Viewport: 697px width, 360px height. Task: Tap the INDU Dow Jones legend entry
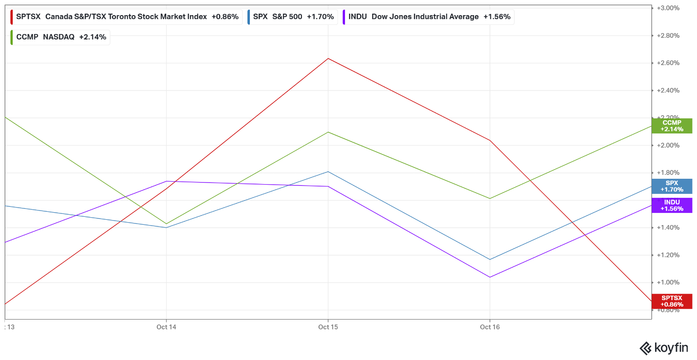429,17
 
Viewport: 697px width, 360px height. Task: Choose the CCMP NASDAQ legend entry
60,37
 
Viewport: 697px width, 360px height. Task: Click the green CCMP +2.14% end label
672,126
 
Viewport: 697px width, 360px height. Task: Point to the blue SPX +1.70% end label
672,186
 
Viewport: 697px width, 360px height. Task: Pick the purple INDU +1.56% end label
672,205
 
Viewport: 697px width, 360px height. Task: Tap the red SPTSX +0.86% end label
672,301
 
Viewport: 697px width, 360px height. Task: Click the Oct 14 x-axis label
166,327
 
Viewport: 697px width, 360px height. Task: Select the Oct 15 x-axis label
328,327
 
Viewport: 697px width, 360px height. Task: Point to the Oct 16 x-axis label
490,327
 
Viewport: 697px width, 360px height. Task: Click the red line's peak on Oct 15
328,58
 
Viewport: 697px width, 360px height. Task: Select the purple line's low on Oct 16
490,277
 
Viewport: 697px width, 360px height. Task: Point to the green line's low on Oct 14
167,224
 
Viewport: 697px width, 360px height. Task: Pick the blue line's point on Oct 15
328,171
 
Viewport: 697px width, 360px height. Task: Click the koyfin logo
663,348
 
